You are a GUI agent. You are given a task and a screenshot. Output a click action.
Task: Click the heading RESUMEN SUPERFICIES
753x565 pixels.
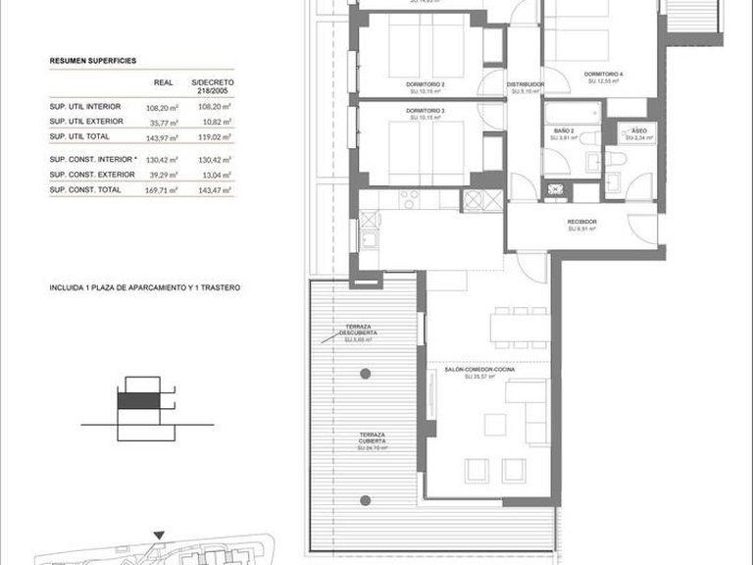click(x=93, y=61)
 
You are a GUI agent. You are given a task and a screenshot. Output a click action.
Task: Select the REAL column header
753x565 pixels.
click(x=165, y=84)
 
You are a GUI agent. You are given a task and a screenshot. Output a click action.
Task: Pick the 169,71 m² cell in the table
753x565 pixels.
click(x=161, y=189)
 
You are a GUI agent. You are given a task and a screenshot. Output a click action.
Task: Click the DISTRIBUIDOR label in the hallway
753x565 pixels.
click(x=526, y=85)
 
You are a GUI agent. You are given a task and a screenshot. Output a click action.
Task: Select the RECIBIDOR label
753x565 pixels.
click(x=581, y=222)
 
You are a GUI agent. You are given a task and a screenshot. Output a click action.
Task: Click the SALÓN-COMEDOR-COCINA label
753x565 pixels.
click(x=470, y=370)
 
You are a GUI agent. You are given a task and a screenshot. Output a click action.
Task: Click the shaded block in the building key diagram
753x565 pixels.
click(x=135, y=400)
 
